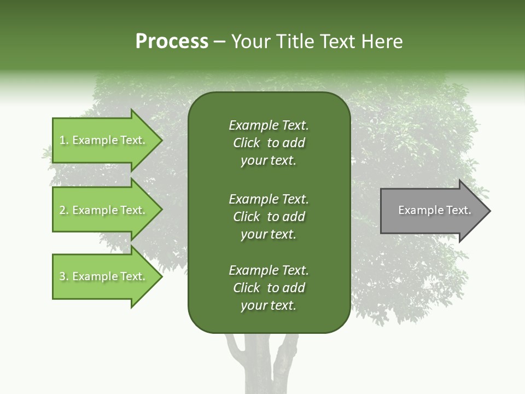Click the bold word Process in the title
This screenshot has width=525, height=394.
pos(172,42)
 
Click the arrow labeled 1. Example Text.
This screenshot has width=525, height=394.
pos(104,140)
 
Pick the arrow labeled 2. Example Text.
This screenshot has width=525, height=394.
pos(104,210)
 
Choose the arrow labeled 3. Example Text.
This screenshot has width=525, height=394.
pos(104,276)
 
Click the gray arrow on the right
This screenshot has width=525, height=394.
pos(432,211)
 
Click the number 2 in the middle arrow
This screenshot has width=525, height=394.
pos(62,210)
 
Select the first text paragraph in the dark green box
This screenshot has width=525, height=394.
pos(269,143)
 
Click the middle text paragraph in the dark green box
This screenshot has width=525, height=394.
pos(269,217)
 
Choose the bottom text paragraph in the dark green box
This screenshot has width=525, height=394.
pos(269,288)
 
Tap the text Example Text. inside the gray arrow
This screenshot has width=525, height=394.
pos(434,210)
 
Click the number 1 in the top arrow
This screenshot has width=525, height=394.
pos(62,140)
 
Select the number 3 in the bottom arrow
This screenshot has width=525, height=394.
pos(62,276)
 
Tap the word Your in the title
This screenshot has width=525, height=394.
pos(250,42)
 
